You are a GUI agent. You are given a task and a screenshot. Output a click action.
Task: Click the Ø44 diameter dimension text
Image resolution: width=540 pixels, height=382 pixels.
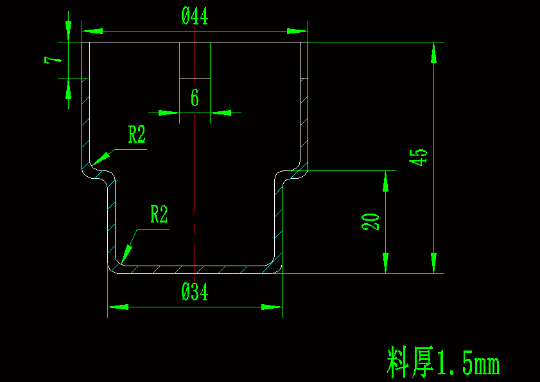click(x=195, y=17)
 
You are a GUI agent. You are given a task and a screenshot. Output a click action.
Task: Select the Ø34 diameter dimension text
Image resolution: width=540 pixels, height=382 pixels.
click(x=195, y=293)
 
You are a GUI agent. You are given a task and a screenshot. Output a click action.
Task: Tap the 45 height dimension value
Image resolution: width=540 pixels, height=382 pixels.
click(x=419, y=157)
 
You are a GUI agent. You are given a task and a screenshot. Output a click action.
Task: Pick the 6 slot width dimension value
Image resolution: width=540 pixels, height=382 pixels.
click(x=195, y=98)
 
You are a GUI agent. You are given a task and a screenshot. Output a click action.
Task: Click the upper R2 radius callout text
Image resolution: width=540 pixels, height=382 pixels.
click(x=137, y=135)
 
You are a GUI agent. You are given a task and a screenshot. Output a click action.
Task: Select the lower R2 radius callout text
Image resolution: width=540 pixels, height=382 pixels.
click(x=159, y=215)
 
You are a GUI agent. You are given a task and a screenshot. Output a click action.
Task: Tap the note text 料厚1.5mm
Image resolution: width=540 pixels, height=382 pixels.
click(x=443, y=363)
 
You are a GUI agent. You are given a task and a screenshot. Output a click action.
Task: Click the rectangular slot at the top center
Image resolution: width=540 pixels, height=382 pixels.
click(x=195, y=60)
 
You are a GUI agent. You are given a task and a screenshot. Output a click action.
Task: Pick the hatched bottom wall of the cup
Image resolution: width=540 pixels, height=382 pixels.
click(x=195, y=268)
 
